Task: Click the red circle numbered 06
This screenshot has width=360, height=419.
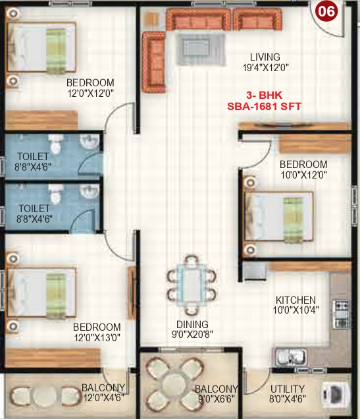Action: point(327,11)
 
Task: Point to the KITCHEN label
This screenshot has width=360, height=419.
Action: point(295,299)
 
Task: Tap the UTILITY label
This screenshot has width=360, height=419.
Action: point(288,388)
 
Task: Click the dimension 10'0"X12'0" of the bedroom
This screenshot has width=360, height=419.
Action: point(303,175)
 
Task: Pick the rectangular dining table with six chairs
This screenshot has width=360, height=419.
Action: point(192,285)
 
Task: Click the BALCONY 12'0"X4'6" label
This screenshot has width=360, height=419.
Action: point(103,392)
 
